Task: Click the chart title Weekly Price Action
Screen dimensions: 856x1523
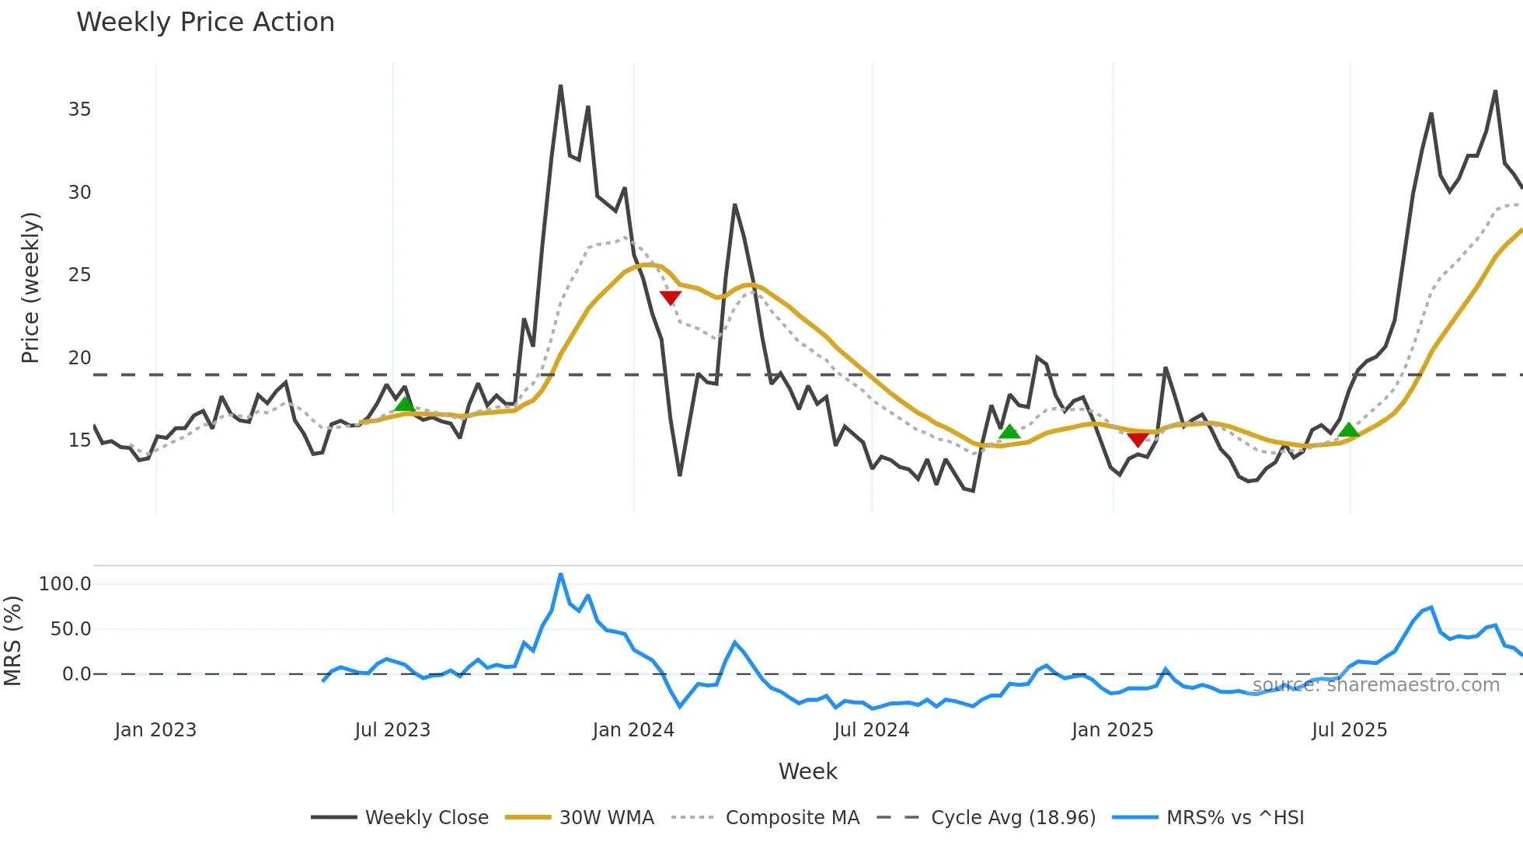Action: coord(205,23)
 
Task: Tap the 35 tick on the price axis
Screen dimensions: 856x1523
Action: coord(79,110)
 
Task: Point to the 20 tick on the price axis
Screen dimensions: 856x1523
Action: coord(79,358)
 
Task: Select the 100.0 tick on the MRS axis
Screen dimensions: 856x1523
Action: coord(64,584)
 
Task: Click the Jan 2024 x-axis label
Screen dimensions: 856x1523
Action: coord(633,730)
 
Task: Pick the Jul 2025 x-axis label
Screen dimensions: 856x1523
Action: coord(1349,730)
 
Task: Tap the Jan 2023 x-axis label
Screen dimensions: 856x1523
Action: coord(155,730)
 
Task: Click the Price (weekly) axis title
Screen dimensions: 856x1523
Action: coord(30,287)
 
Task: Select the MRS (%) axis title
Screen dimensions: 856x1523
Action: coord(13,641)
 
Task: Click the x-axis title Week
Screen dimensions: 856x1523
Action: coord(807,771)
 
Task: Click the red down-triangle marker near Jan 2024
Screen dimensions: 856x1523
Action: coord(670,298)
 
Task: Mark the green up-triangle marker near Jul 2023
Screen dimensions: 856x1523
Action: coord(404,404)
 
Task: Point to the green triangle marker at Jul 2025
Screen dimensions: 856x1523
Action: coord(1349,430)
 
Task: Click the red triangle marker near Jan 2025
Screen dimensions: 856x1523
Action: coord(1138,440)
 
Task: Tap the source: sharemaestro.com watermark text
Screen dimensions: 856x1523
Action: coord(1375,685)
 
